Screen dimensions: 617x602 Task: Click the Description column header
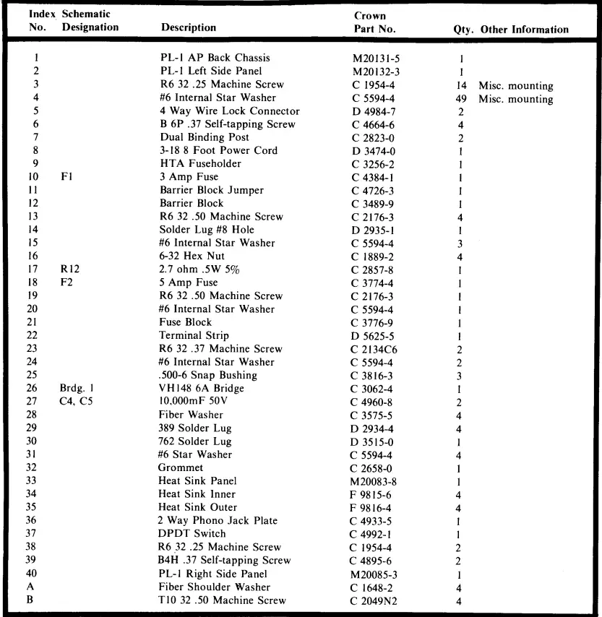[x=188, y=28]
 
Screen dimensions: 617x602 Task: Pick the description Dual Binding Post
[x=204, y=137]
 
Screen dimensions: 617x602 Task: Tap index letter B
[x=36, y=600]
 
